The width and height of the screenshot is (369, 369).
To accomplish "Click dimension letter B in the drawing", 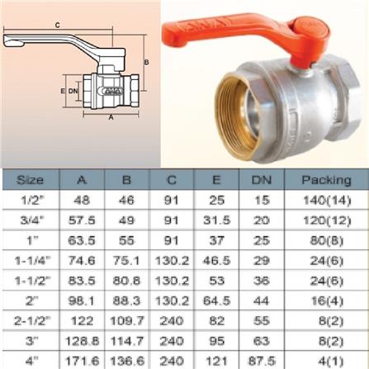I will click(x=145, y=62).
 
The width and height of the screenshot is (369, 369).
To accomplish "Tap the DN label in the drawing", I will click(x=73, y=89).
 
